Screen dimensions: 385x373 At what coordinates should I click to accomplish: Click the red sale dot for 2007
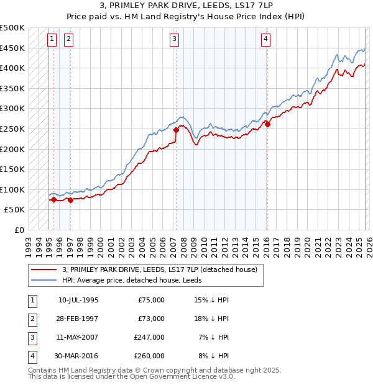[x=176, y=130]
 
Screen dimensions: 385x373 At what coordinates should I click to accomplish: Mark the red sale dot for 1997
[x=70, y=200]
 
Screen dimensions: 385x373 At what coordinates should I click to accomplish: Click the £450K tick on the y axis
[x=12, y=48]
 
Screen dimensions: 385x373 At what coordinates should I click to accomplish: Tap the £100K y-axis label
[x=12, y=189]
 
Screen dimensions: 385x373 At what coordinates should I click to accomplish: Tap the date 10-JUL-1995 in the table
[x=78, y=300]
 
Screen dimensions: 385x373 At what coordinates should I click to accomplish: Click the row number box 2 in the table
[x=30, y=319]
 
